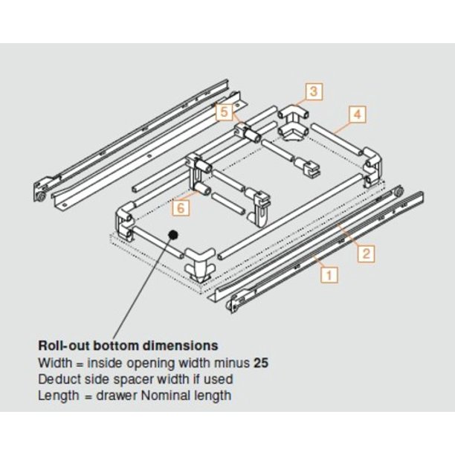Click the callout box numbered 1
[x=329, y=274]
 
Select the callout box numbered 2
[x=366, y=253]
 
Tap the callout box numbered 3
[x=314, y=91]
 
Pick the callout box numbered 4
[x=357, y=114]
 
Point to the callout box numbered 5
[x=224, y=112]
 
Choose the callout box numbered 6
[x=181, y=207]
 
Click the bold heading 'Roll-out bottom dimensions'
[x=128, y=346]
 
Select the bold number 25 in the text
[x=260, y=364]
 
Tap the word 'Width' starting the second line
[x=54, y=364]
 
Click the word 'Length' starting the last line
[x=57, y=395]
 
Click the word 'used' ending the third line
[x=217, y=379]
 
